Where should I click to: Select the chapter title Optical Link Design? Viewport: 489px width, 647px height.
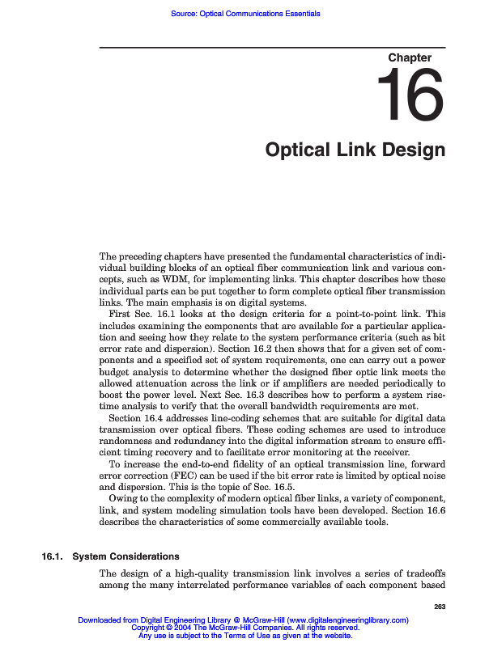click(355, 150)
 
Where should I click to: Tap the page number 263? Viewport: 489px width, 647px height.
click(440, 607)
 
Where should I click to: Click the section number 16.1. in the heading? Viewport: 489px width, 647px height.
click(53, 556)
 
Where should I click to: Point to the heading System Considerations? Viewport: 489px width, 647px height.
click(126, 556)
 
